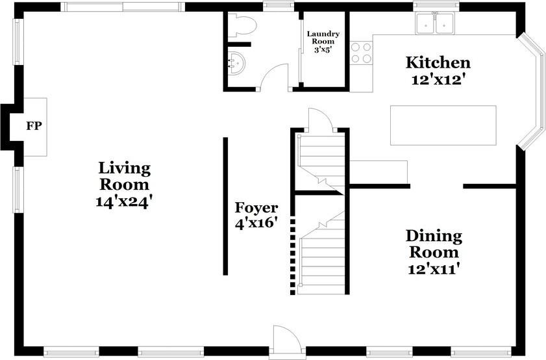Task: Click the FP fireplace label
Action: [34, 126]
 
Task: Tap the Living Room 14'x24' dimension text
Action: [123, 202]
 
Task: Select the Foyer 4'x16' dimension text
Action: [256, 223]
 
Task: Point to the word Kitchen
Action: [438, 63]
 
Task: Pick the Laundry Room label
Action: [323, 38]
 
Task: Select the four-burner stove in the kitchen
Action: [361, 52]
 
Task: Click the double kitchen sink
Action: [435, 23]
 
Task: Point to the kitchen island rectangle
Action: [443, 125]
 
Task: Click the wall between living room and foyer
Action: [226, 206]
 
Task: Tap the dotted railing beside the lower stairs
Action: [293, 256]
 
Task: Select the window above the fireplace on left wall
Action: [18, 42]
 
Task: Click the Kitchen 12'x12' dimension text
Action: [438, 80]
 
